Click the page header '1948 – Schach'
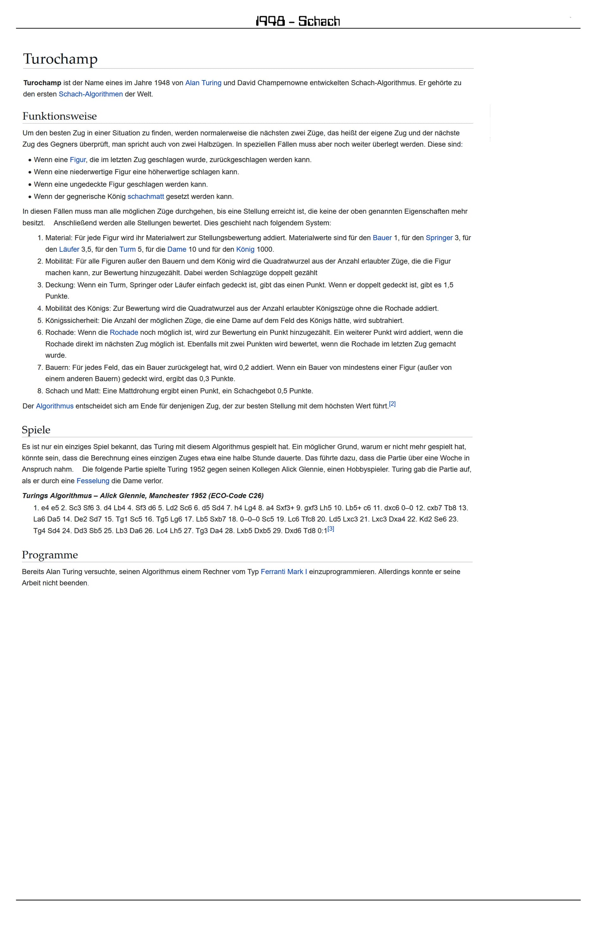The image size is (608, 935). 298,21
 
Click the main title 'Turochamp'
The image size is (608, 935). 60,59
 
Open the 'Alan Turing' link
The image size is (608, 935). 203,83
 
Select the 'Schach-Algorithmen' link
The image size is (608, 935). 91,94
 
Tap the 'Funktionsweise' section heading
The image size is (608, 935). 59,116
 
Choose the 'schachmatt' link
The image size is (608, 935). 145,196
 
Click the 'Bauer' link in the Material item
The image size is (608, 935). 382,238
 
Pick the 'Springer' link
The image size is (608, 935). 439,238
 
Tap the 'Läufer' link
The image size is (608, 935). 69,250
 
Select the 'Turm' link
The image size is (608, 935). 127,250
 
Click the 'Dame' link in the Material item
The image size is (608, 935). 176,250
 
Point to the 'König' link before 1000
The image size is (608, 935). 245,250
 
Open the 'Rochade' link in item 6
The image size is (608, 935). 124,332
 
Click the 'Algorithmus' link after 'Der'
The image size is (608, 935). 55,406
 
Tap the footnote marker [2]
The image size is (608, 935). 392,404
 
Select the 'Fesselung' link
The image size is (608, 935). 93,481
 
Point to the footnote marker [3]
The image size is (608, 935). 331,529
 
